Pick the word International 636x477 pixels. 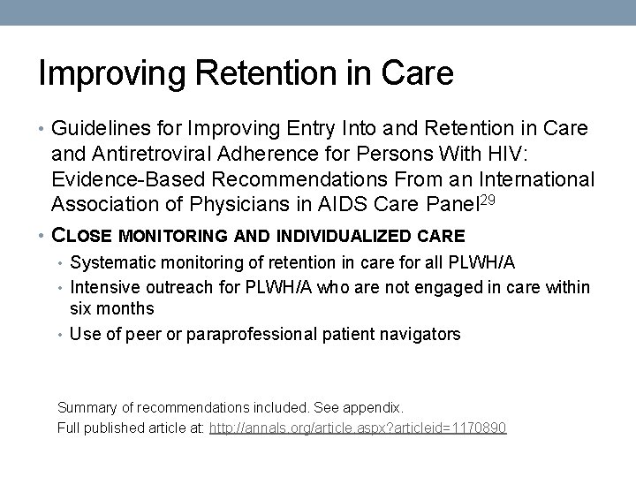[534, 180]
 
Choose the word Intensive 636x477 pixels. [102, 286]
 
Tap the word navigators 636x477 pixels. [421, 334]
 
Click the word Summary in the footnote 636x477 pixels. [87, 408]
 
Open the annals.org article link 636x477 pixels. [358, 428]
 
